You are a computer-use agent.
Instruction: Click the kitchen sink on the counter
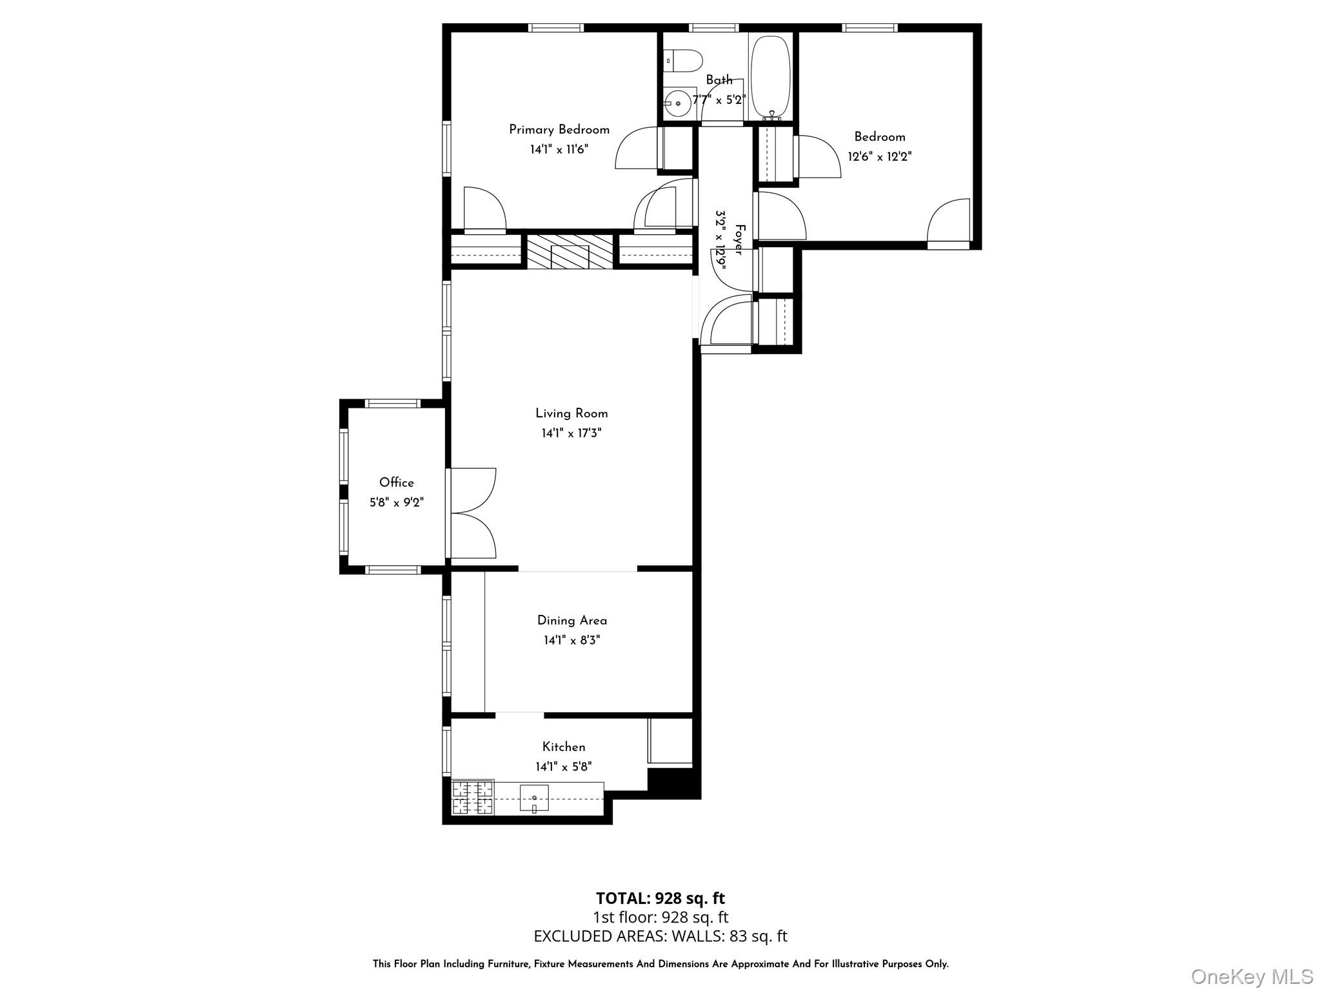534,798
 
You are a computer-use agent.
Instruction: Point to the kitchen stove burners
473,797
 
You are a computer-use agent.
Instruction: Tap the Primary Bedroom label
559,130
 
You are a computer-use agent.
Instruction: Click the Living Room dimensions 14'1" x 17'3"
571,433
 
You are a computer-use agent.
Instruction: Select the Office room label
396,482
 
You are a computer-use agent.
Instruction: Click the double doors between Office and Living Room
471,513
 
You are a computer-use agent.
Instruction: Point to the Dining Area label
572,620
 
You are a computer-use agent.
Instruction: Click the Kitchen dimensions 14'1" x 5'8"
564,766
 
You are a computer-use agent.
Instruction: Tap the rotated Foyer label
739,239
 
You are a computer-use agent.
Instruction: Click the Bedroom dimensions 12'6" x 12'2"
880,156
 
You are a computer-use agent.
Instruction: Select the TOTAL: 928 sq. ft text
660,898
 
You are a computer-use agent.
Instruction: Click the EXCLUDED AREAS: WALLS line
660,936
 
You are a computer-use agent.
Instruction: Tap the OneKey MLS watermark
1251,976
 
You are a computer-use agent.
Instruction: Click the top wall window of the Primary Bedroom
556,28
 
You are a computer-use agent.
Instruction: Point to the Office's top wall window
392,403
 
